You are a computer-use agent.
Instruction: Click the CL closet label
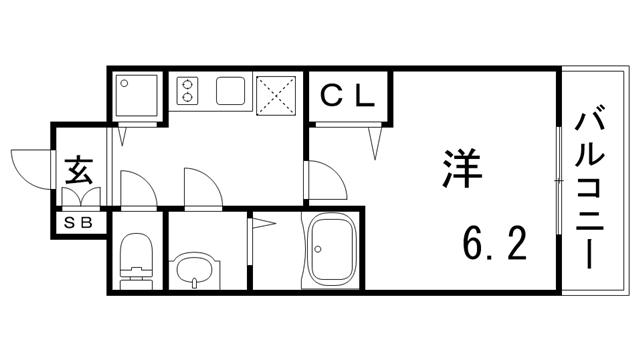pyautogui.click(x=347, y=96)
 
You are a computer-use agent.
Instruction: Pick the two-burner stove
pyautogui.click(x=188, y=91)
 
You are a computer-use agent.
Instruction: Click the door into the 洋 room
pyautogui.click(x=324, y=181)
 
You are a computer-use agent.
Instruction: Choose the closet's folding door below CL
pyautogui.click(x=347, y=134)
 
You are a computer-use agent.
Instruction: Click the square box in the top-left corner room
pyautogui.click(x=136, y=96)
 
